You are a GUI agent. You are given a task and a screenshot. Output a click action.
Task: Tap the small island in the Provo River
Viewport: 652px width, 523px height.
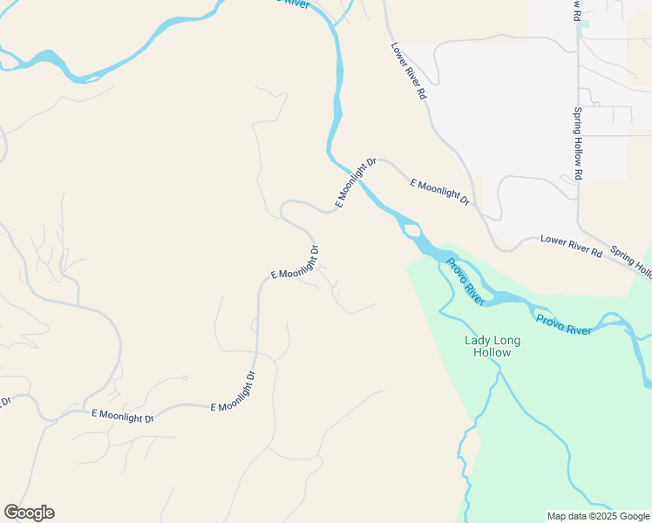tap(412, 231)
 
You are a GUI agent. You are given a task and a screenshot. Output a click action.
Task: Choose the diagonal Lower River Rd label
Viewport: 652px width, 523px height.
tap(409, 70)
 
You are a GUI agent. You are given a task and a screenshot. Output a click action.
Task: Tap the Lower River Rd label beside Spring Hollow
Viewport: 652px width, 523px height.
tap(571, 245)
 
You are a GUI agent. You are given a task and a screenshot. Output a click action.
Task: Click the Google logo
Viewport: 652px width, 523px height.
tap(29, 513)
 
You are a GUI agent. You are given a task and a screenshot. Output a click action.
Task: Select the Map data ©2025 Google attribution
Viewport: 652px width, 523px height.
tap(599, 516)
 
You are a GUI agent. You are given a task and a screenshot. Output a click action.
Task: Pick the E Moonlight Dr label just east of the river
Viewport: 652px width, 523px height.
tap(439, 192)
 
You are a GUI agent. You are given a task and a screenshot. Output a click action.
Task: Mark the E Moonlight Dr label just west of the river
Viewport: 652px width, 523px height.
tap(356, 182)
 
